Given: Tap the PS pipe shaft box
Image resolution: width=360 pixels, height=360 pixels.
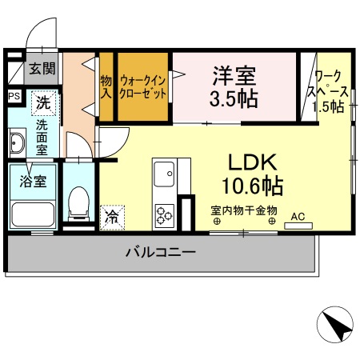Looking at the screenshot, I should coord(14,97).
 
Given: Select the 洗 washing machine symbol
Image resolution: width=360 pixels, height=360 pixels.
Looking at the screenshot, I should coord(42,102).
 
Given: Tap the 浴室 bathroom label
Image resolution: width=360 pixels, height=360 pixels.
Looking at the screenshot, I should coord(33,180).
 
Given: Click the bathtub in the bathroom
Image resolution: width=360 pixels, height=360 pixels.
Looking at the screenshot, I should coord(32,212).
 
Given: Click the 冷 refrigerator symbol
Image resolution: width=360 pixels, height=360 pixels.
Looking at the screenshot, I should coord(113,215).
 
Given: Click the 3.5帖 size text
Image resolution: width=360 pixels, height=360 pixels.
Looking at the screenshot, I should coord(234,98).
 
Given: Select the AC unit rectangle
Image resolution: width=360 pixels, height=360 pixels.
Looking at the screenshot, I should coord(298,225).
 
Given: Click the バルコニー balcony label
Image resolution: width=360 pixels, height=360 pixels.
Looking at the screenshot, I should coord(160,253).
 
